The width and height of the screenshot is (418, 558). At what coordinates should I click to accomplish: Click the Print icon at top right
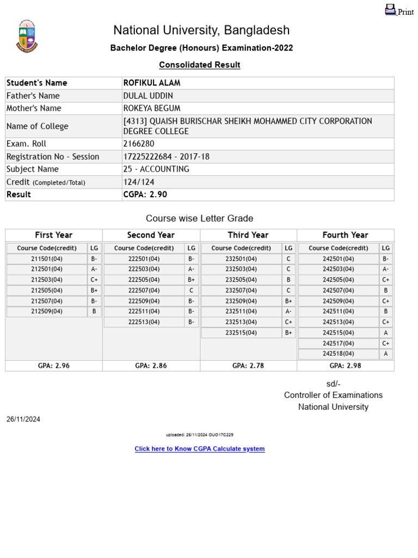tap(391, 10)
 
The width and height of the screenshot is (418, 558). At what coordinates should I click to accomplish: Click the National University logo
tap(27, 36)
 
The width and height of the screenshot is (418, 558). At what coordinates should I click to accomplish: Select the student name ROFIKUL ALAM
tap(152, 83)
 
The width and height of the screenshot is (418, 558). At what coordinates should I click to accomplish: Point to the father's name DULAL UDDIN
tap(149, 95)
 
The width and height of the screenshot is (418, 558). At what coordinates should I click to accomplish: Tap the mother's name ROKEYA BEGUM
tap(152, 108)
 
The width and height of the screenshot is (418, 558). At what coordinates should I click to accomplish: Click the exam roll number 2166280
tap(139, 144)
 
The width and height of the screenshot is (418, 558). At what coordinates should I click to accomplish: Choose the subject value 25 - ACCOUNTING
tap(156, 169)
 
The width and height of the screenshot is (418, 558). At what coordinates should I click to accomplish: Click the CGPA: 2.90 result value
tap(145, 195)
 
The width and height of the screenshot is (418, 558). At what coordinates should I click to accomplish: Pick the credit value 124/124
tap(140, 182)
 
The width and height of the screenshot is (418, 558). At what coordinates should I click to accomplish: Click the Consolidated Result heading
tap(200, 65)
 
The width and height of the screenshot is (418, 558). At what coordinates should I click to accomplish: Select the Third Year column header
tap(248, 235)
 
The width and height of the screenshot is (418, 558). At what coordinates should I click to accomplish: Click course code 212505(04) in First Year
tap(47, 290)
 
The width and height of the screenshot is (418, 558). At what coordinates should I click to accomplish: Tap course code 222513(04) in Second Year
tap(144, 322)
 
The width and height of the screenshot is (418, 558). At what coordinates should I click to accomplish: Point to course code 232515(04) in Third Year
tap(241, 332)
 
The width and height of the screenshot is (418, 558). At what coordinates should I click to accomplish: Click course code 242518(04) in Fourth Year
tap(338, 354)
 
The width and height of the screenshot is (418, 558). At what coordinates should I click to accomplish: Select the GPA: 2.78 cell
tap(248, 366)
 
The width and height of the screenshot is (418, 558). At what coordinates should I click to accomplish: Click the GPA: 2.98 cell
tap(345, 366)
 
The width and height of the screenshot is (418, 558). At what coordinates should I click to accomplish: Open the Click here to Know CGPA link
tap(200, 449)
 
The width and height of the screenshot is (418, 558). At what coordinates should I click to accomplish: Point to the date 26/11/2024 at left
tap(23, 419)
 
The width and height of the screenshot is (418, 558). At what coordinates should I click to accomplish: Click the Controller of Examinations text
tap(333, 395)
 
